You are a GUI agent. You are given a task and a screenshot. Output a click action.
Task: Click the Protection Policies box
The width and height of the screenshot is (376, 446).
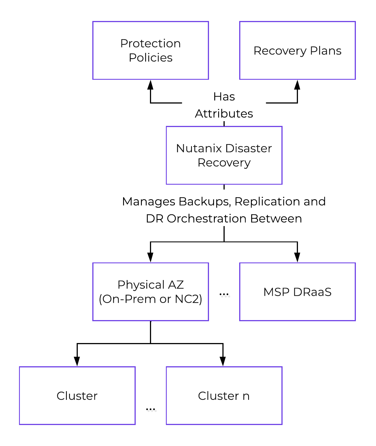pyautogui.click(x=151, y=50)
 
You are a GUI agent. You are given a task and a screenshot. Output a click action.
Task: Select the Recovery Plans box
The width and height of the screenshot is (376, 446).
pyautogui.click(x=297, y=50)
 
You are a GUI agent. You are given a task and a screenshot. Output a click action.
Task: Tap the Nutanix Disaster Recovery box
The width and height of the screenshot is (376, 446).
pyautogui.click(x=224, y=155)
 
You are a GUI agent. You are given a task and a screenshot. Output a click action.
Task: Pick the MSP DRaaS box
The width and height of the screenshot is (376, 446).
pyautogui.click(x=297, y=292)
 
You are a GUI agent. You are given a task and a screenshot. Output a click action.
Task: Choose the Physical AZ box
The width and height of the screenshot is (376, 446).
pyautogui.click(x=151, y=292)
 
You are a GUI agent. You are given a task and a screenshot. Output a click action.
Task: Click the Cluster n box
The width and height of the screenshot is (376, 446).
pyautogui.click(x=224, y=396)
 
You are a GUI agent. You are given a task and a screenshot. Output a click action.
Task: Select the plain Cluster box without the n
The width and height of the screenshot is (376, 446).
pyautogui.click(x=77, y=396)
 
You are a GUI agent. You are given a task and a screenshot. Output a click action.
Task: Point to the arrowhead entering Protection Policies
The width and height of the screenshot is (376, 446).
pyautogui.click(x=151, y=84)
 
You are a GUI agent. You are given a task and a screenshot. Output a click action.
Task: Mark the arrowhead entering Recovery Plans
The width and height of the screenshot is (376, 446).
pyautogui.click(x=297, y=84)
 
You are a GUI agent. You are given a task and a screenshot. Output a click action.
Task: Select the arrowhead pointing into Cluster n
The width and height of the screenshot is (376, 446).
pyautogui.click(x=223, y=361)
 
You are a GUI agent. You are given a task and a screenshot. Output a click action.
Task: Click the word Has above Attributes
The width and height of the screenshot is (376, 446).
pyautogui.click(x=224, y=97)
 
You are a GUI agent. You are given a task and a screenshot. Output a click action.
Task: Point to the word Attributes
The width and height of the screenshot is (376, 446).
pyautogui.click(x=224, y=114)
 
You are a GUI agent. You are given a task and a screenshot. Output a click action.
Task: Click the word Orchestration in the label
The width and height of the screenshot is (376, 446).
pyautogui.click(x=206, y=219)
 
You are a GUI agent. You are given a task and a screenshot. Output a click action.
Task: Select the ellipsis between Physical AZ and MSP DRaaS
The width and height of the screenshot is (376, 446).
pyautogui.click(x=224, y=294)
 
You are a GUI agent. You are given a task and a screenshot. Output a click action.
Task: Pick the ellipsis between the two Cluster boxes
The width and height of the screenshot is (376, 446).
pyautogui.click(x=151, y=409)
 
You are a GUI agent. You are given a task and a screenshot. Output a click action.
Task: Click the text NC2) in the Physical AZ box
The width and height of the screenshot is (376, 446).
pyautogui.click(x=188, y=299)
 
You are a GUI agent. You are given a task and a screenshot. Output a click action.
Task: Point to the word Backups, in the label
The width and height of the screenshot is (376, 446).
pyautogui.click(x=205, y=201)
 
